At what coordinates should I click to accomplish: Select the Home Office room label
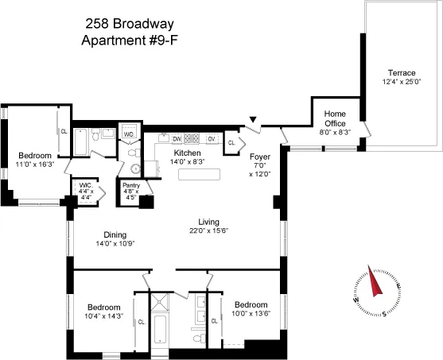[335, 118]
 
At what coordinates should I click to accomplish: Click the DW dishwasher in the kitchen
[177, 138]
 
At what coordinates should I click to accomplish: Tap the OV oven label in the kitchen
[212, 138]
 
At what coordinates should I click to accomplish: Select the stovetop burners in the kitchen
[192, 138]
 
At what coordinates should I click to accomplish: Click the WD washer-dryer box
[129, 134]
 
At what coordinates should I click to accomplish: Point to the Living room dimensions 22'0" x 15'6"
[208, 231]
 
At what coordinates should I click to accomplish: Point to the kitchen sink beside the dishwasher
[161, 138]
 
